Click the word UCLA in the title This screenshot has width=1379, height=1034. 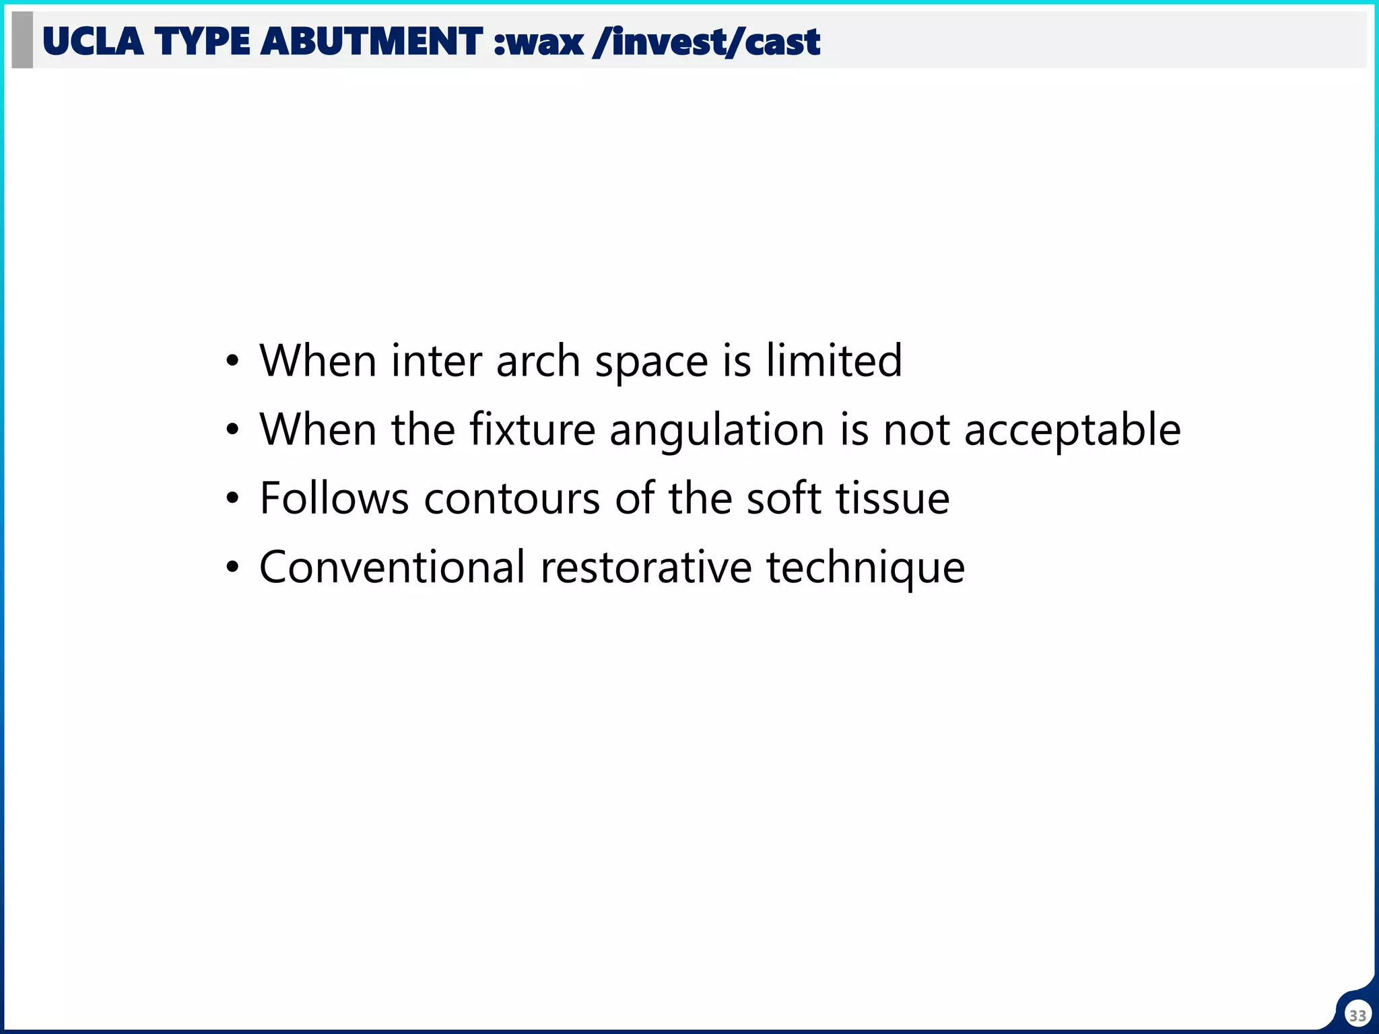coord(93,42)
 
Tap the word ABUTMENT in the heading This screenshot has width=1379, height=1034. coord(371,42)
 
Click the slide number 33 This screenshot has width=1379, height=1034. coord(1357,1015)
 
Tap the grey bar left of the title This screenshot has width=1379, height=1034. coord(22,40)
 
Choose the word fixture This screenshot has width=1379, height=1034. coord(532,429)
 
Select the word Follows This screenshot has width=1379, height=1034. coord(334,499)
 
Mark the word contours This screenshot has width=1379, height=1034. coord(512,499)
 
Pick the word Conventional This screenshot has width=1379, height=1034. coord(392,567)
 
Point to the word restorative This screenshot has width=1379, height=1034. coord(646,567)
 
